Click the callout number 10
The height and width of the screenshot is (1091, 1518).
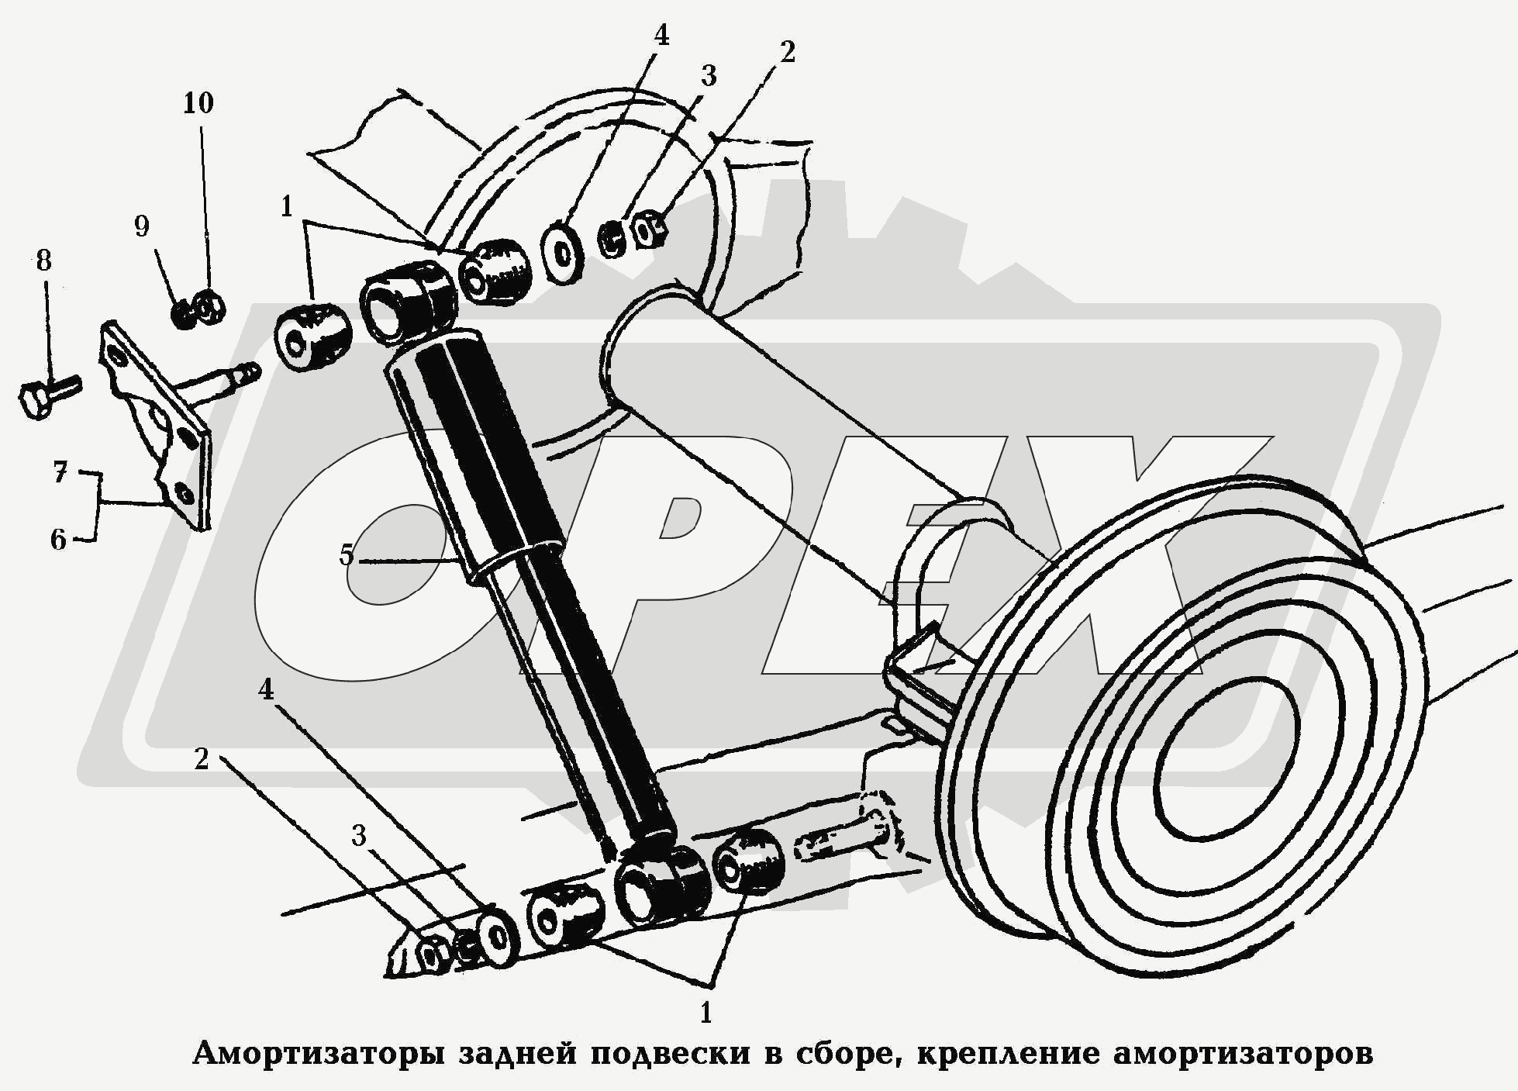click(198, 103)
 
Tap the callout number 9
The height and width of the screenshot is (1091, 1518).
click(141, 226)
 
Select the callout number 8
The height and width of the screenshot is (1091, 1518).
click(43, 261)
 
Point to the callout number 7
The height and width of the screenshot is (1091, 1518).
click(60, 471)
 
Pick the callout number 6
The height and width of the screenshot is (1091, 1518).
click(59, 540)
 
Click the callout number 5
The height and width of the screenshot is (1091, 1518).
click(346, 555)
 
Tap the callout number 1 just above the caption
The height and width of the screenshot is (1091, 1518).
click(705, 1012)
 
